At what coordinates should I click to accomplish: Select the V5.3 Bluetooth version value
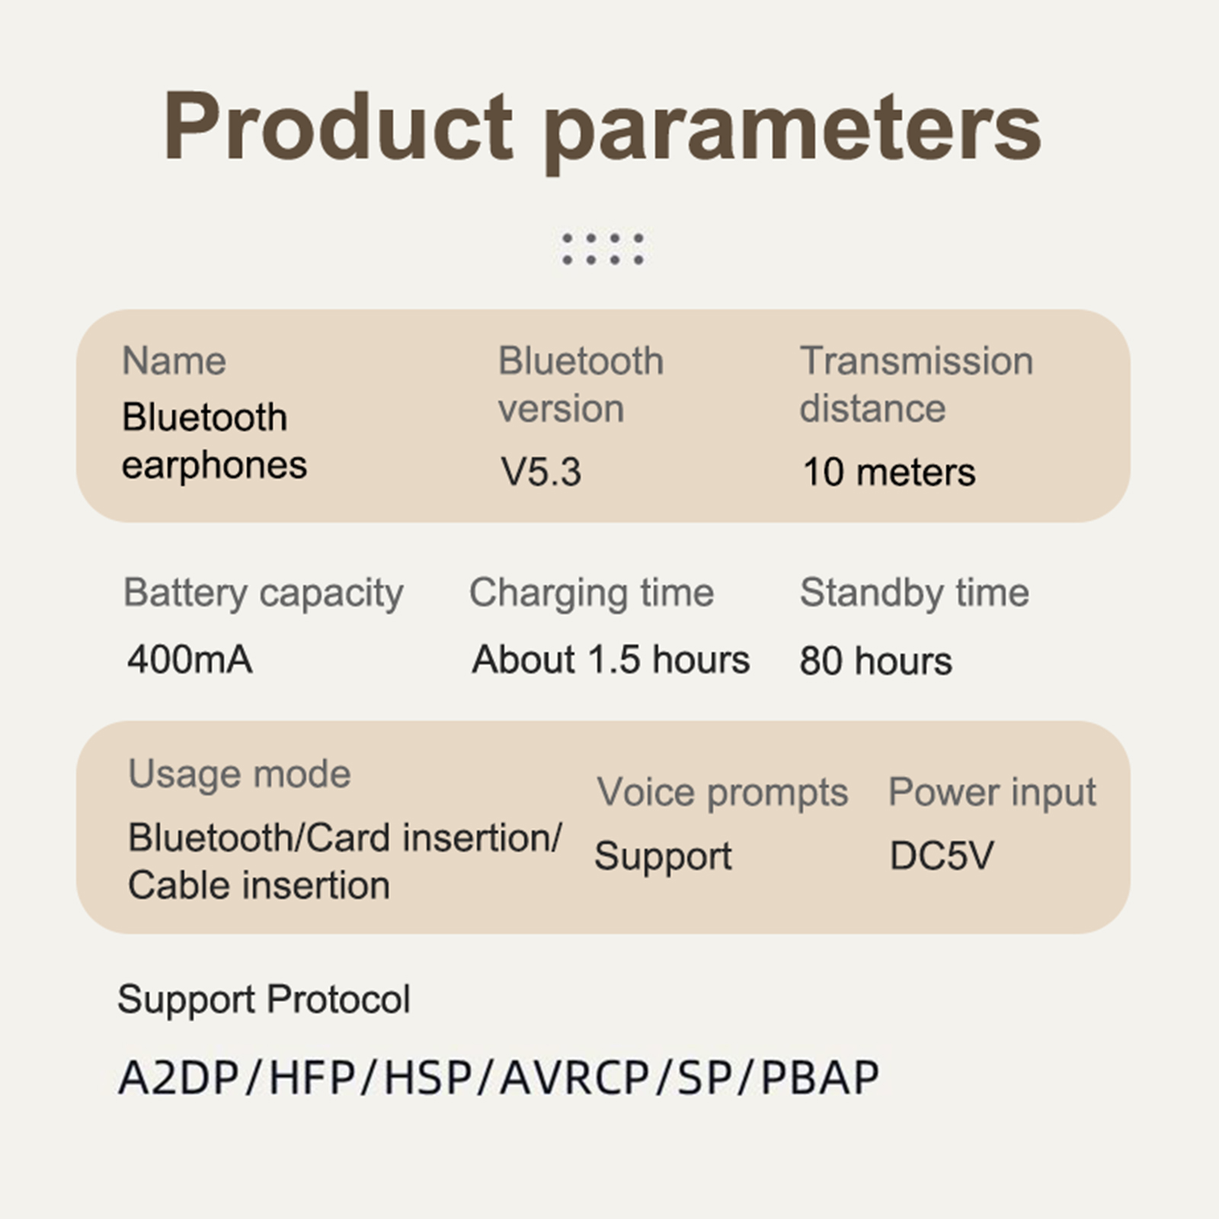[x=541, y=472]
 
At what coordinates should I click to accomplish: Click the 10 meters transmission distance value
[x=889, y=472]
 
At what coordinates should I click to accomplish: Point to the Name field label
[x=174, y=360]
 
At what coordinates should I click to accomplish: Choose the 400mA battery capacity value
[x=190, y=659]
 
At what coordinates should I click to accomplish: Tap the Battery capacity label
[x=264, y=594]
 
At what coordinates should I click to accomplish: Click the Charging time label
[x=592, y=594]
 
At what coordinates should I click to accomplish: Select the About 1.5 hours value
[x=611, y=659]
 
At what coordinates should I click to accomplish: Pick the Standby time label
[x=914, y=593]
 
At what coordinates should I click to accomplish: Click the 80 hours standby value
[x=876, y=661]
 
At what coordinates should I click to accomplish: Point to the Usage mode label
[x=240, y=775]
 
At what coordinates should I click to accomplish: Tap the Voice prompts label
[x=722, y=793]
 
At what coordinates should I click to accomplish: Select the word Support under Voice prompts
[x=663, y=857]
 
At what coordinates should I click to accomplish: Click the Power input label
[x=993, y=793]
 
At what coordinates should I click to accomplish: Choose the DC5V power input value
[x=942, y=856]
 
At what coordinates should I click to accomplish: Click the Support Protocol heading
[x=264, y=1000]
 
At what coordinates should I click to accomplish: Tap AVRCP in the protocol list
[x=574, y=1077]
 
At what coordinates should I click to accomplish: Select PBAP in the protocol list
[x=821, y=1077]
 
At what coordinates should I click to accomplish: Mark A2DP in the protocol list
[x=179, y=1077]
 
